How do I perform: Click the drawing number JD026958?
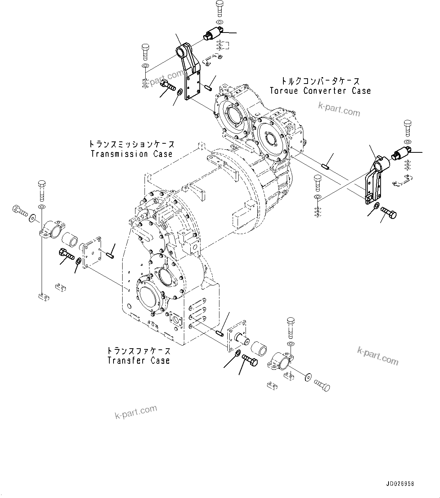[400, 484]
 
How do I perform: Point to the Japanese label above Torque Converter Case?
[320, 81]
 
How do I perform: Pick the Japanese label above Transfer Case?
[138, 351]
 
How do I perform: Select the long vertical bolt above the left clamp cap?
[42, 191]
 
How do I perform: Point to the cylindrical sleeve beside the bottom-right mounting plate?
[260, 350]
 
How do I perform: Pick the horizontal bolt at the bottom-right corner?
[322, 386]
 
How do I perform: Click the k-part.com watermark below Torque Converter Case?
[339, 110]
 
